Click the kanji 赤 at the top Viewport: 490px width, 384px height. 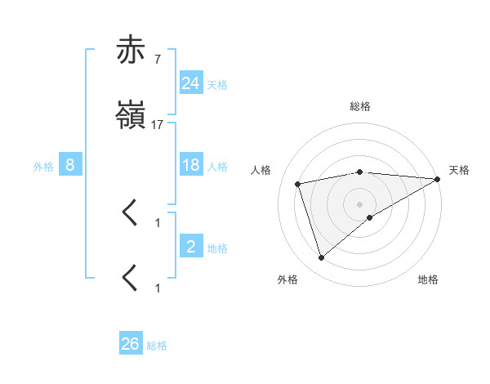[x=131, y=51]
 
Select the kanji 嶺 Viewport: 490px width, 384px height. [x=131, y=117]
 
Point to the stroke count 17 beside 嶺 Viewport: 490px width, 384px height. [x=157, y=125]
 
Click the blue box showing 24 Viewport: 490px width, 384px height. [x=190, y=83]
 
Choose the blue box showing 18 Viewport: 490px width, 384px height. [x=190, y=165]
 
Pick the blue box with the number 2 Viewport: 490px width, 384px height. [x=190, y=247]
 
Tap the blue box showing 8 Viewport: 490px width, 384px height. [x=70, y=165]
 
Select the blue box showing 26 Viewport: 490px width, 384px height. [x=131, y=345]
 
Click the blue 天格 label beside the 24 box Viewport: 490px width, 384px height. [x=217, y=85]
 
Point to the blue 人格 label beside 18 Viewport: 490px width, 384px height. [x=217, y=167]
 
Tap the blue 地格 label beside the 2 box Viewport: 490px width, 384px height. [x=217, y=248]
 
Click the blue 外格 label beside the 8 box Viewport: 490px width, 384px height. [x=43, y=167]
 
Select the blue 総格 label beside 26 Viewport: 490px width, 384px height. [x=157, y=346]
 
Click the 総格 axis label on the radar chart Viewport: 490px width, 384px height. [x=360, y=106]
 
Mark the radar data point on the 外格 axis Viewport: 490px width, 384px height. [x=321, y=258]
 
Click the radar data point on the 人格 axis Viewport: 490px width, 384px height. [x=299, y=184]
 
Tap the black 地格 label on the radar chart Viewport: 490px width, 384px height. [x=428, y=280]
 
